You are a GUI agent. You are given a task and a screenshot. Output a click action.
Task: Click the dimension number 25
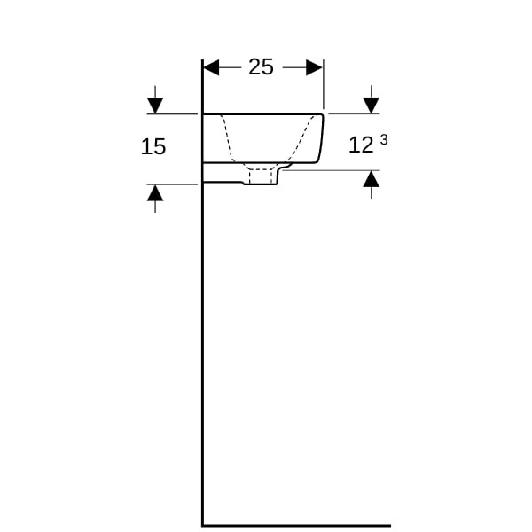(x=261, y=66)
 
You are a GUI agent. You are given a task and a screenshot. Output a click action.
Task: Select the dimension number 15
(x=153, y=146)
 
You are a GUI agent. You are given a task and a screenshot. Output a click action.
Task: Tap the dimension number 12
(x=361, y=145)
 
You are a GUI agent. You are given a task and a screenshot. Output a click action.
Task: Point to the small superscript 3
(x=383, y=140)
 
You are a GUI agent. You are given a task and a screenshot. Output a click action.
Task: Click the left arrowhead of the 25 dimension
(x=211, y=67)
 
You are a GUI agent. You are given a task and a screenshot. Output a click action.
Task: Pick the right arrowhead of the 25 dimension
(x=315, y=67)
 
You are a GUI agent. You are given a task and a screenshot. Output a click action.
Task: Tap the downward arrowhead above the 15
(x=155, y=106)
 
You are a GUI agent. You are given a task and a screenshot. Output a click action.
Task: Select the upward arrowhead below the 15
(x=155, y=192)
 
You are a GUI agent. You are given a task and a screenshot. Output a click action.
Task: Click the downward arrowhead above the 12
(x=371, y=106)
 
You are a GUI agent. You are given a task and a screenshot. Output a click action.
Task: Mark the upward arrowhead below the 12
(x=371, y=179)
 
